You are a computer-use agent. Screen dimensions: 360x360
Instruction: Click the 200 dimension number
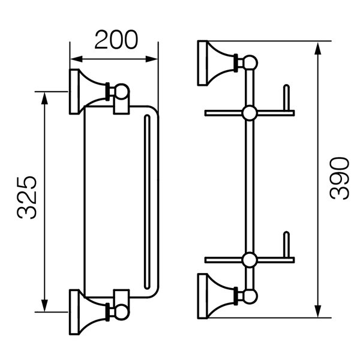tap(116, 40)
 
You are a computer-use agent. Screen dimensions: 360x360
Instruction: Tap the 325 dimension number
tap(27, 197)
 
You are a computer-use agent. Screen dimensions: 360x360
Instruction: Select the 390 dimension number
tap(340, 178)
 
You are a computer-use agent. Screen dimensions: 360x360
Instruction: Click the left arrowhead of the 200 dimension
tap(76, 59)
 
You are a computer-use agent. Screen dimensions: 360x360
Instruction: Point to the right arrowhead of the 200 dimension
tap(152, 59)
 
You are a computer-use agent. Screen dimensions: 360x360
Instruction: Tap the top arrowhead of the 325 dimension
tap(44, 98)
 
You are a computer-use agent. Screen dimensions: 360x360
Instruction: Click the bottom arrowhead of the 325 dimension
tap(44, 305)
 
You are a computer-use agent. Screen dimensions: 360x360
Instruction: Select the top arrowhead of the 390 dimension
tap(317, 48)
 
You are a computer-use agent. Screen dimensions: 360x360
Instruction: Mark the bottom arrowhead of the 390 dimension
tap(317, 311)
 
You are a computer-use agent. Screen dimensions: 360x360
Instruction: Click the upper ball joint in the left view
tap(122, 92)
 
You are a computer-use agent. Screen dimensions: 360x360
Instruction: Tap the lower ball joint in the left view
tap(122, 312)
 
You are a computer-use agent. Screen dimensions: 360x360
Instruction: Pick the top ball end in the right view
tap(250, 62)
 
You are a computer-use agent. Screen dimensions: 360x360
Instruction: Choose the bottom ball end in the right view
tap(250, 296)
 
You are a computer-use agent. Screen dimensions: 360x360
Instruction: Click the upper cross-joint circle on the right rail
tap(250, 113)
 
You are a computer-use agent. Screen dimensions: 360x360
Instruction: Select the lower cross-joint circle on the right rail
tap(250, 260)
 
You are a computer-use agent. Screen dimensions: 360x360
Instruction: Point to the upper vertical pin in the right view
tap(286, 98)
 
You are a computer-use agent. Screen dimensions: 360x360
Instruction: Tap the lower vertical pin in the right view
tap(286, 245)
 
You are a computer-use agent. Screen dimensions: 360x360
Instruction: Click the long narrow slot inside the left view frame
tap(147, 202)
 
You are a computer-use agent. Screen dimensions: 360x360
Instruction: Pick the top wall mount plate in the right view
tap(203, 63)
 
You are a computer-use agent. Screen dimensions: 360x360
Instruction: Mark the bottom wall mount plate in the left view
tap(74, 312)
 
